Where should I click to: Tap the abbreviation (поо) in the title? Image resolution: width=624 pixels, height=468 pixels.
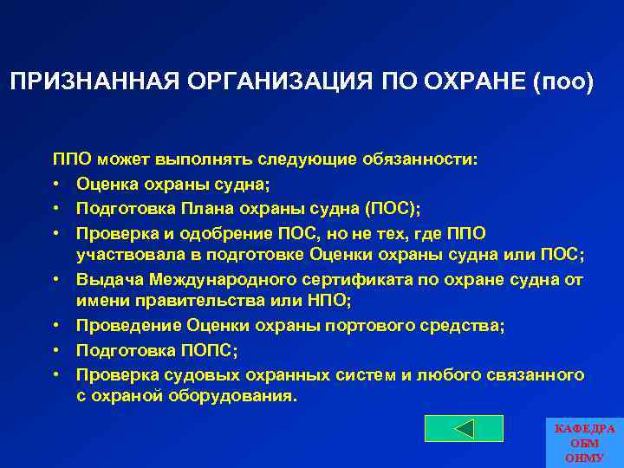pyautogui.click(x=565, y=82)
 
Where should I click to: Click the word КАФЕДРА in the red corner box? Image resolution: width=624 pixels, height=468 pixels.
pyautogui.click(x=585, y=429)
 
